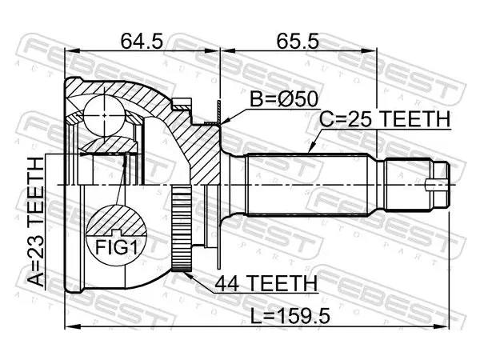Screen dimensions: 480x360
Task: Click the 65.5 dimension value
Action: (x=298, y=42)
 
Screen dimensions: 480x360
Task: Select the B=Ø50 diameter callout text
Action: (x=284, y=99)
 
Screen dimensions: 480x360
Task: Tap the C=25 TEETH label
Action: (x=385, y=119)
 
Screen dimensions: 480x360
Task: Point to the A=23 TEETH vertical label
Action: (x=36, y=222)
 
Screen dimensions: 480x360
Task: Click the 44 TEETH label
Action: (x=266, y=284)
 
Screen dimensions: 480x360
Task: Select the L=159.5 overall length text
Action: (x=290, y=316)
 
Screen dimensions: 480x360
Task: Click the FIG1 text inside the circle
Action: (x=116, y=247)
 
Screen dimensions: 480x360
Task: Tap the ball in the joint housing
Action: (x=104, y=115)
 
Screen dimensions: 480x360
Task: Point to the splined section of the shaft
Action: (x=307, y=185)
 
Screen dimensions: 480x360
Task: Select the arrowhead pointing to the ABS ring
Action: (x=189, y=275)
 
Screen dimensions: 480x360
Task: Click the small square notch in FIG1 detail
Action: (x=116, y=233)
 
